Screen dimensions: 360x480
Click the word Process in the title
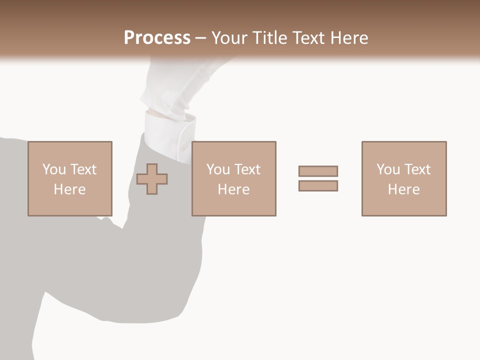click(157, 38)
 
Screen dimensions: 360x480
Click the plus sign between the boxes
click(152, 179)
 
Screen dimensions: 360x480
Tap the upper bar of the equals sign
click(318, 171)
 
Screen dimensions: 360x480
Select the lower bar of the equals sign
click(318, 185)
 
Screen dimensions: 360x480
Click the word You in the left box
click(53, 169)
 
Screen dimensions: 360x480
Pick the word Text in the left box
click(83, 169)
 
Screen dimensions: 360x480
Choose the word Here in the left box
click(69, 189)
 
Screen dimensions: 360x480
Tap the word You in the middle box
click(217, 169)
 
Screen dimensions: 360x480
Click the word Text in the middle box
click(247, 169)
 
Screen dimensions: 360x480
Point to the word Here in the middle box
click(233, 189)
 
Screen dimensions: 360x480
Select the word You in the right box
click(387, 169)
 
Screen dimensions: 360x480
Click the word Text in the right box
click(417, 169)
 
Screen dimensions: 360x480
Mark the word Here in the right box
click(403, 189)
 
